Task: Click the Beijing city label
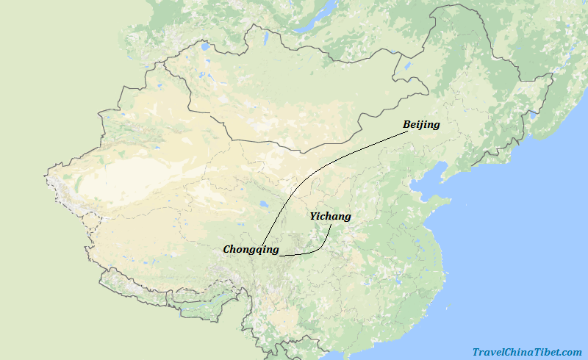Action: point(421,125)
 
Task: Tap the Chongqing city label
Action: point(251,250)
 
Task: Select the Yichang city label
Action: point(330,217)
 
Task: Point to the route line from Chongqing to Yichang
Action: point(312,252)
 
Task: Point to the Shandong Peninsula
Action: point(437,201)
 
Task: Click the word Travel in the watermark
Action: point(489,352)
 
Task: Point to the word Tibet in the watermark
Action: point(549,352)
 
